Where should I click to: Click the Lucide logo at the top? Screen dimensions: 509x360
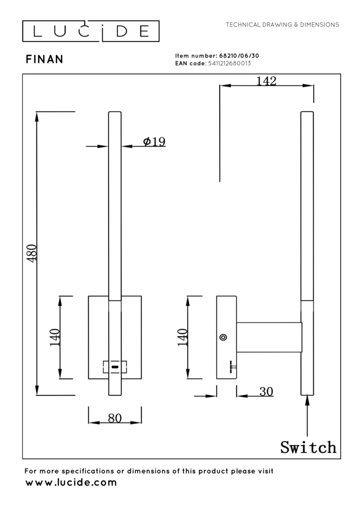coord(91,31)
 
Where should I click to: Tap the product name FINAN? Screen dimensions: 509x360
coord(45,59)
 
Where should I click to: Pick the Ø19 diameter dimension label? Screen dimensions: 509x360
coord(154,142)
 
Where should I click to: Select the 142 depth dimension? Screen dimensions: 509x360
coord(266,81)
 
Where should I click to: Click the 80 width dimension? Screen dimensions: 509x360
coord(115,418)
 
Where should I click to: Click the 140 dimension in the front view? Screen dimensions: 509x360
coord(54,337)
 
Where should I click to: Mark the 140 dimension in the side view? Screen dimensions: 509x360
coord(182,337)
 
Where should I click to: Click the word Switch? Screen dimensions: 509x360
coord(308,447)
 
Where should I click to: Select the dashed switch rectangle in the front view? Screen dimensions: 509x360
coord(115,367)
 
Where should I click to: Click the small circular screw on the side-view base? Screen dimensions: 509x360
coord(223,337)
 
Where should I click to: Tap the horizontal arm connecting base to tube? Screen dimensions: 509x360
coord(269,337)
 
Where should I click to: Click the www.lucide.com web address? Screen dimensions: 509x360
coord(71,483)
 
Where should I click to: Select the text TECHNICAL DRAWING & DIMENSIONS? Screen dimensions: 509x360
coord(283,24)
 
